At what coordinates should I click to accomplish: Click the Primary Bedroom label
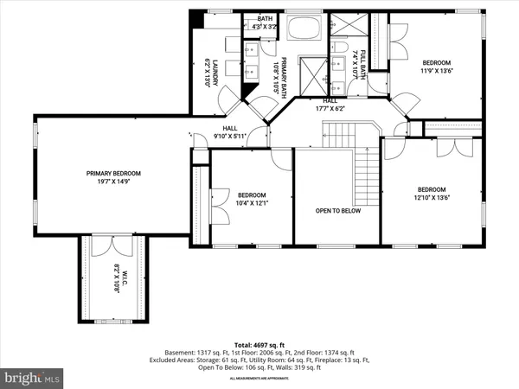click(x=113, y=177)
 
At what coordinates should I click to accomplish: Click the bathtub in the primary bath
click(x=304, y=29)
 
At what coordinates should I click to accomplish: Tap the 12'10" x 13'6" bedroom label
click(x=431, y=194)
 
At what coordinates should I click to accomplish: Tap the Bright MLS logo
click(x=34, y=378)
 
